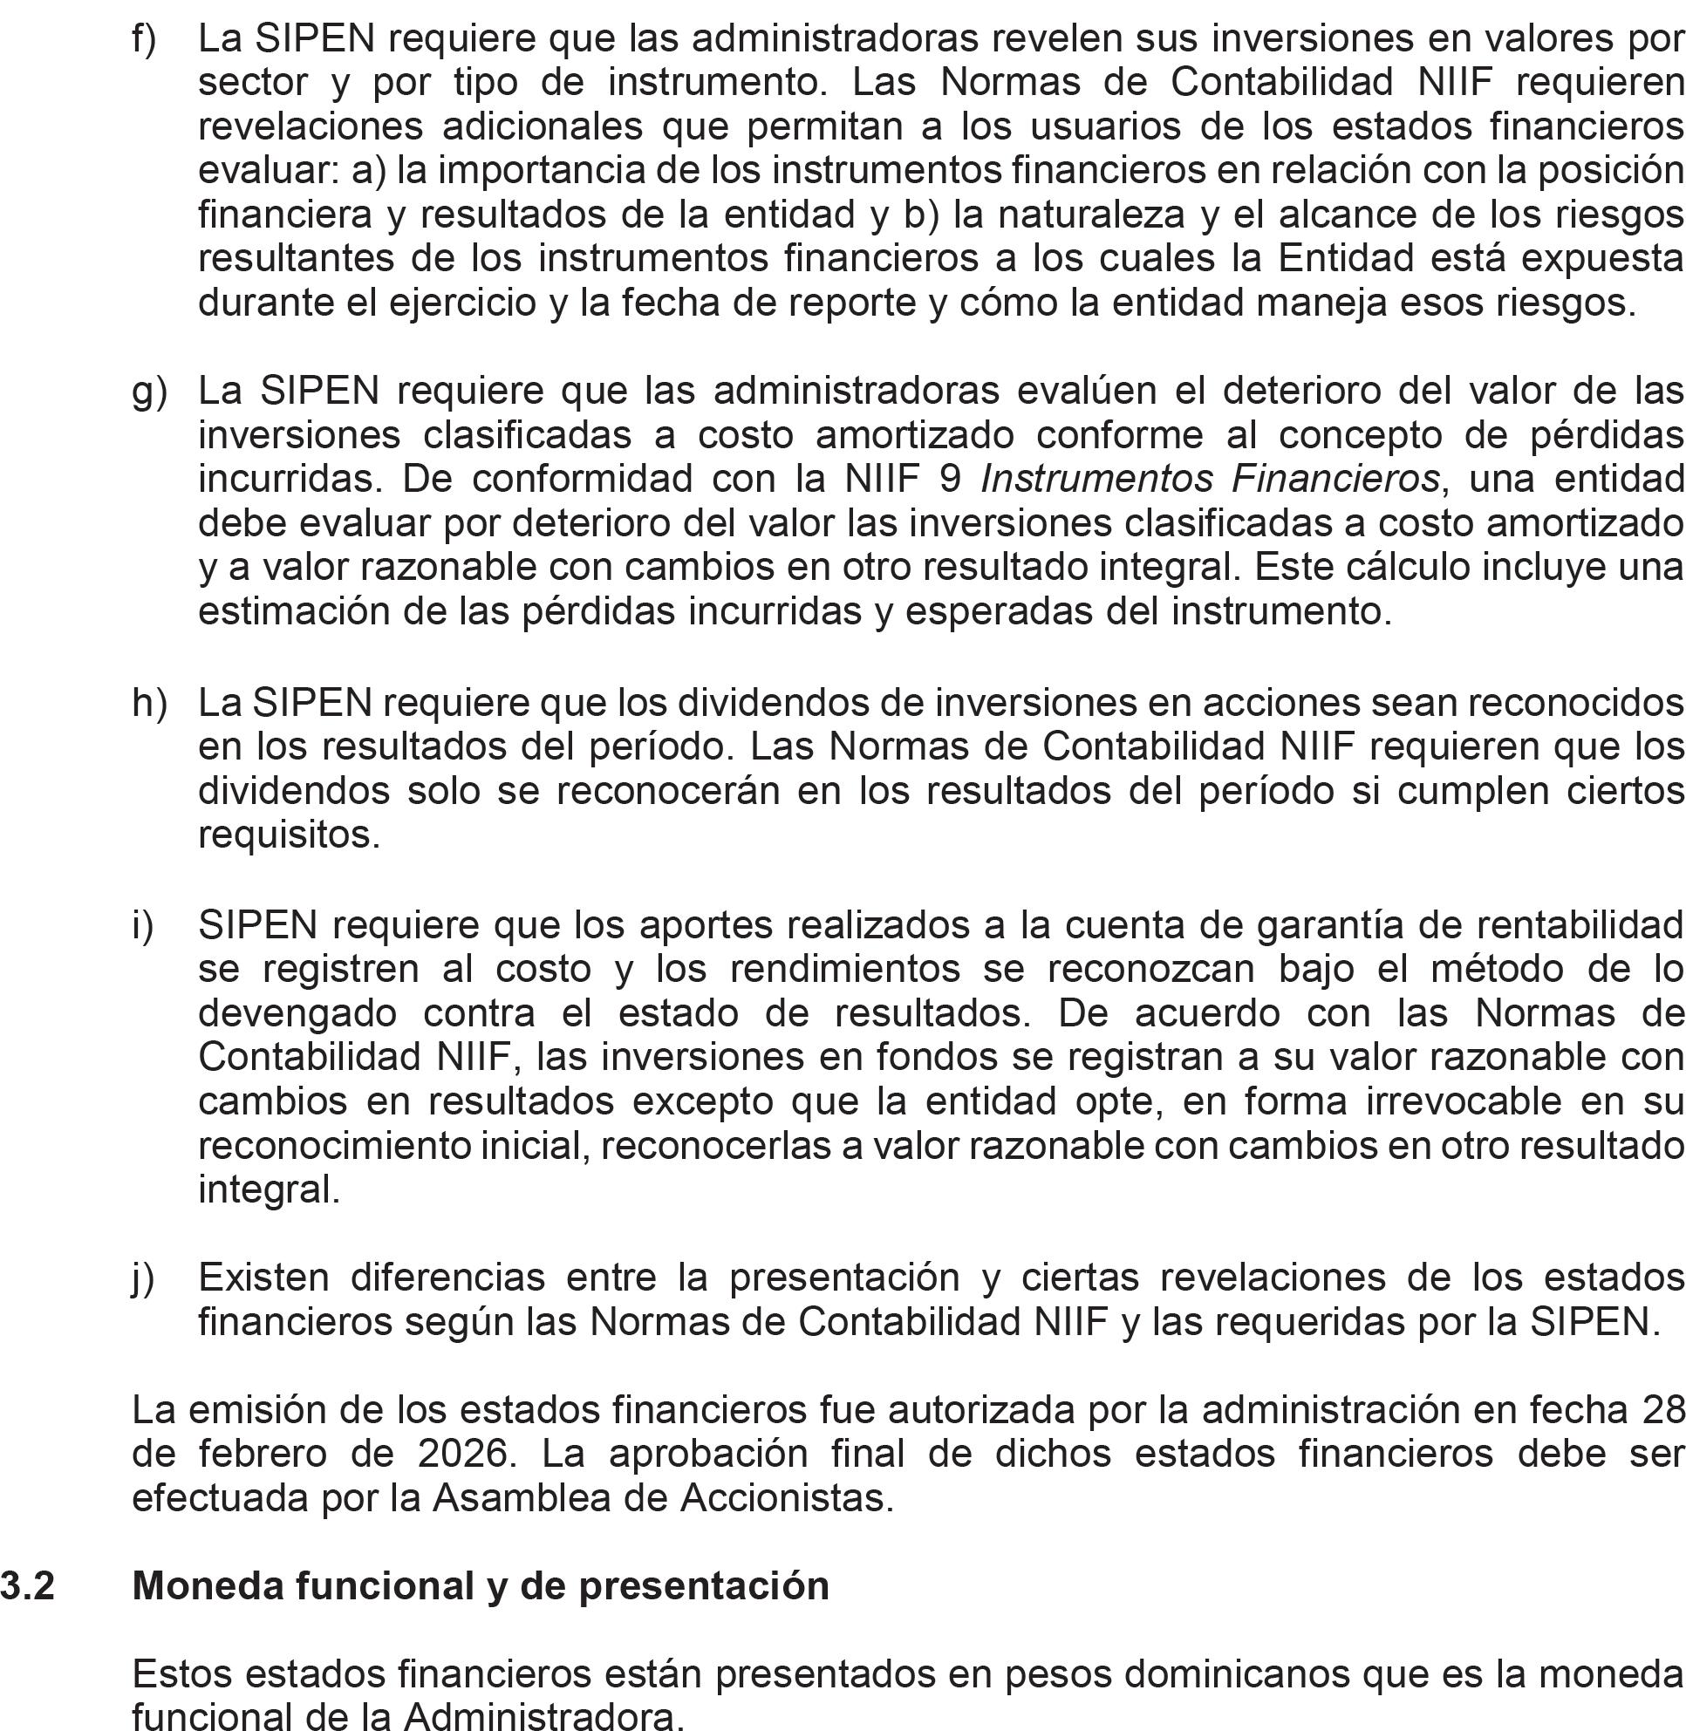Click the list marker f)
point(143,39)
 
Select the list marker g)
point(149,392)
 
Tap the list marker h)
point(149,702)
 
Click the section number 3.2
point(27,1585)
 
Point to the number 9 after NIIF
point(950,479)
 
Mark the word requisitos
point(289,834)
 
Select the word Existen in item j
point(263,1278)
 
